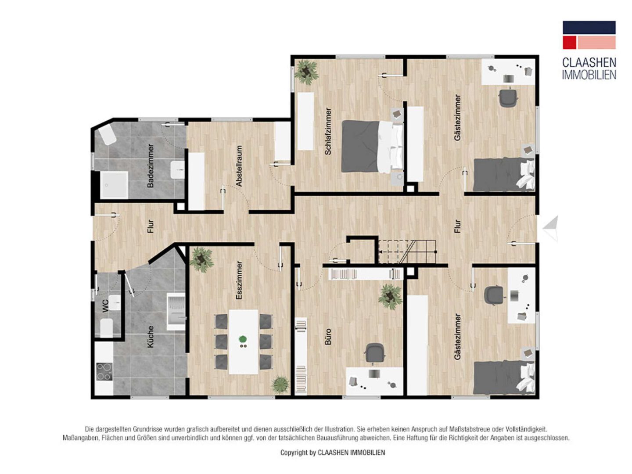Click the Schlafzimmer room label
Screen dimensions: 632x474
pyautogui.click(x=328, y=131)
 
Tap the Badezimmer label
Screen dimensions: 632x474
pyautogui.click(x=150, y=166)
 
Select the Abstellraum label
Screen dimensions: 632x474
pyautogui.click(x=239, y=166)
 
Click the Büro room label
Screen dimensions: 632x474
pyautogui.click(x=328, y=337)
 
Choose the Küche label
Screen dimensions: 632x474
pyautogui.click(x=150, y=337)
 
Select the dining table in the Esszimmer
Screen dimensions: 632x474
pyautogui.click(x=243, y=341)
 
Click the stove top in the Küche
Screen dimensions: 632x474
pyautogui.click(x=104, y=372)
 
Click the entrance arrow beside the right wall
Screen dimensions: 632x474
pyautogui.click(x=550, y=229)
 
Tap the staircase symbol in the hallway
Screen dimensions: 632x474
pyautogui.click(x=407, y=251)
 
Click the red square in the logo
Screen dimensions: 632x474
pyautogui.click(x=569, y=42)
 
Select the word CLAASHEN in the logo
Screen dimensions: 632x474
pyautogui.click(x=589, y=63)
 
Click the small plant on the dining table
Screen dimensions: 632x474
pyautogui.click(x=243, y=341)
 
